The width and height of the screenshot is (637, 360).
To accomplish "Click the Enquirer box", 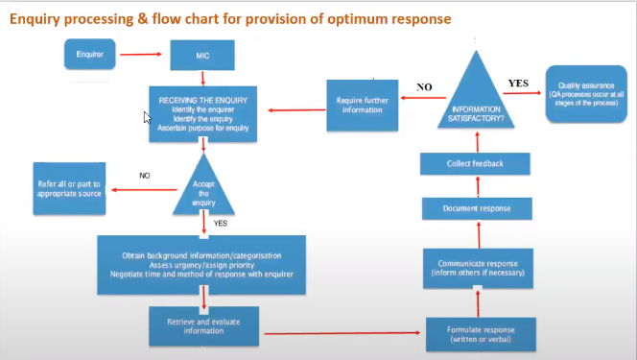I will click(x=89, y=55).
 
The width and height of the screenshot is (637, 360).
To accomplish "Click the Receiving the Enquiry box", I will click(x=201, y=112).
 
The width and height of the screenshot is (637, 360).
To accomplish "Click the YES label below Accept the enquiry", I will click(x=221, y=224).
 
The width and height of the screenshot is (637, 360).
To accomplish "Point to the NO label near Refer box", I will click(x=145, y=176).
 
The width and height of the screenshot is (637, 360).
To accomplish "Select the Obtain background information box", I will click(x=201, y=264).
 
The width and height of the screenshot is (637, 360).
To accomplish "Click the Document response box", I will click(x=476, y=207).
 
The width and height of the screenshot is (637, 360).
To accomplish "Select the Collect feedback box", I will click(x=476, y=163).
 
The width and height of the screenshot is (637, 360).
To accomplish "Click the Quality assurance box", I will click(x=587, y=92).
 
